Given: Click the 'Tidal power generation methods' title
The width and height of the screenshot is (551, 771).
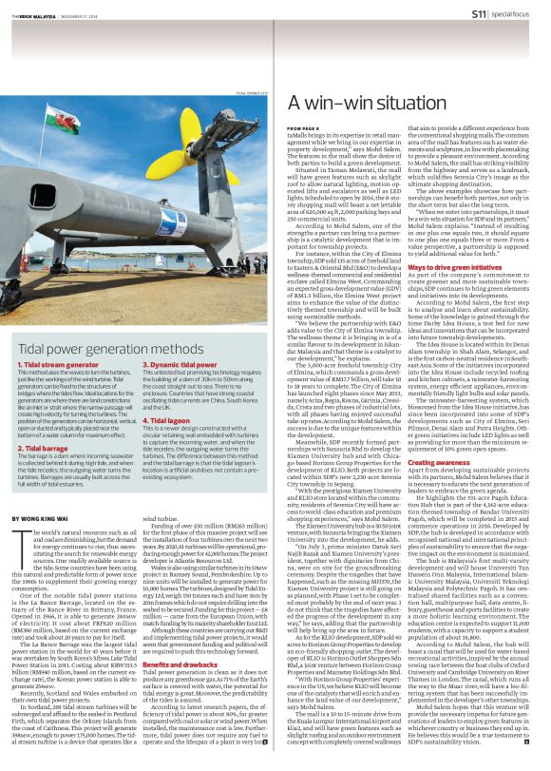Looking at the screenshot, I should pyautogui.click(x=107, y=323).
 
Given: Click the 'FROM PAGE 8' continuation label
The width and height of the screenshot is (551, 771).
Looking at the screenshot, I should pyautogui.click(x=302, y=126).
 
